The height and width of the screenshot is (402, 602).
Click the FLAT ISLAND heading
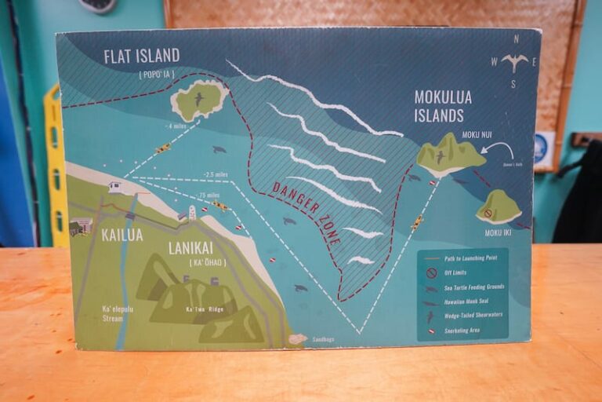[142, 56]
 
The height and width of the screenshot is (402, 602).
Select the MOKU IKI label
[498, 232]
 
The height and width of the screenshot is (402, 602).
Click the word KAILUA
[122, 235]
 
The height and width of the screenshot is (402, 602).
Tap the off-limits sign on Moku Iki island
[488, 213]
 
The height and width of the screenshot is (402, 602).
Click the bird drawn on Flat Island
[198, 98]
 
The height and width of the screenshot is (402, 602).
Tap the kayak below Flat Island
[162, 148]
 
